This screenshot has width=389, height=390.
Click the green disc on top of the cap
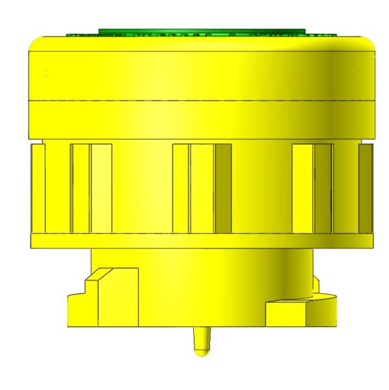[201, 31]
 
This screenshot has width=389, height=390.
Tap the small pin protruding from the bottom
[202, 341]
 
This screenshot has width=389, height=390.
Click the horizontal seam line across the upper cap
[201, 101]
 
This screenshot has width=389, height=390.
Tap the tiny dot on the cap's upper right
[358, 70]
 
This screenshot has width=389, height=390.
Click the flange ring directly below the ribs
[201, 241]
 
